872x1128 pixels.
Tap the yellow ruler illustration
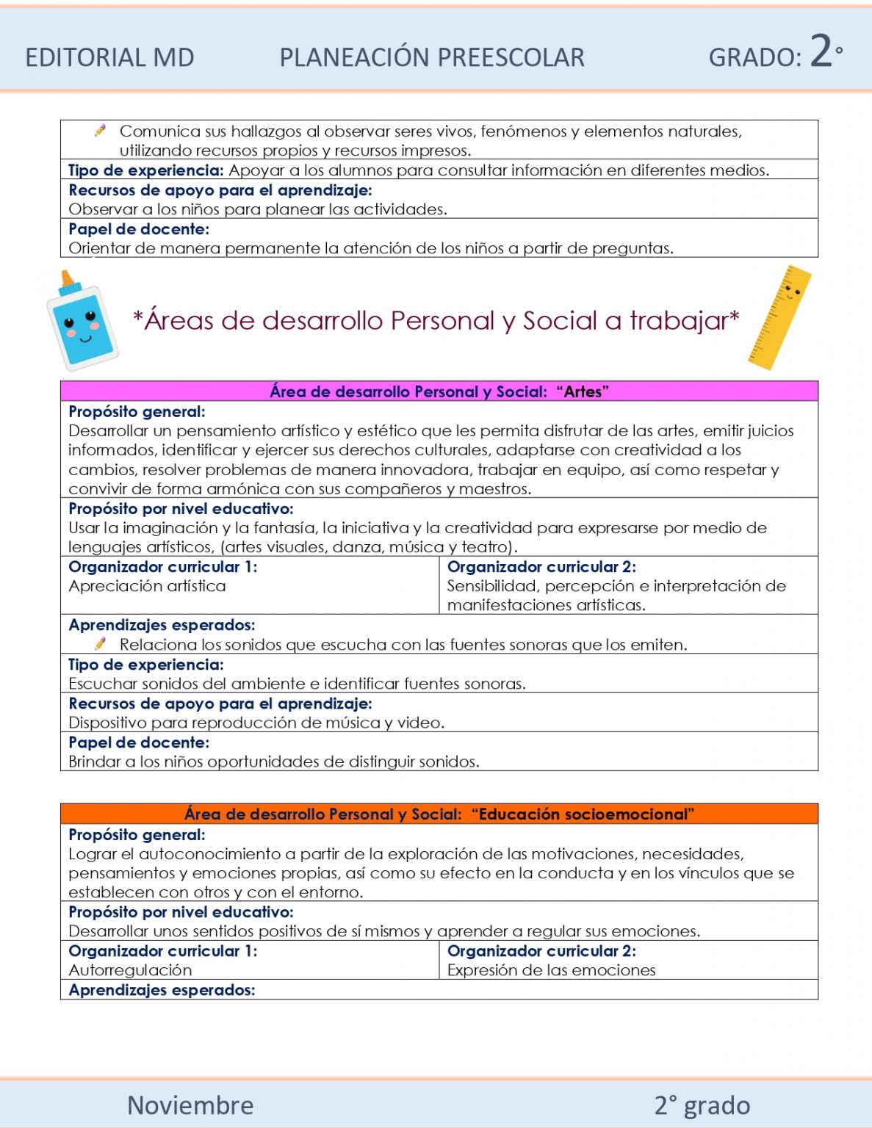pos(780,317)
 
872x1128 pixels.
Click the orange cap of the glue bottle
pos(68,281)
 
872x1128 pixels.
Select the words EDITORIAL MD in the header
pos(109,57)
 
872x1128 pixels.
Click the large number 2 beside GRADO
pos(821,51)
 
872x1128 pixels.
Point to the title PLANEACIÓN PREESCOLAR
pos(432,57)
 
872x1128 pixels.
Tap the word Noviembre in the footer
pos(190,1104)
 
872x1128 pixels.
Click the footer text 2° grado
pos(702,1104)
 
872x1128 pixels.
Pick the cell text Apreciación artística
pos(147,586)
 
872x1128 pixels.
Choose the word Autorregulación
pos(130,970)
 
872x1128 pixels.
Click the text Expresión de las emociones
pos(551,970)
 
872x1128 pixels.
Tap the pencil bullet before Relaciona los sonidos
pos(101,643)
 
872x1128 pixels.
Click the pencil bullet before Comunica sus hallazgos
pos(101,131)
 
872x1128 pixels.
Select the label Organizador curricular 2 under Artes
pos(541,567)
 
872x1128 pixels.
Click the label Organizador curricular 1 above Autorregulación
pos(162,951)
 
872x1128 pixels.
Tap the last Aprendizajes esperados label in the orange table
pos(162,990)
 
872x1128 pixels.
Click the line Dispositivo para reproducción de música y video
pos(256,723)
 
